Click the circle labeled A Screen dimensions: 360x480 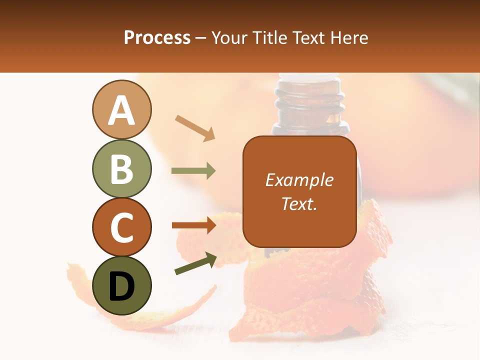point(121,109)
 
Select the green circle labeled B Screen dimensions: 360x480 point(121,168)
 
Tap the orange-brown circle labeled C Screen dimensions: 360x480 point(121,227)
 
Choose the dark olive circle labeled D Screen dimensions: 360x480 point(121,285)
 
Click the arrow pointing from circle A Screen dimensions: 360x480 point(195,128)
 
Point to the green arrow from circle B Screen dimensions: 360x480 point(193,171)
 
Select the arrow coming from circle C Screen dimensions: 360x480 point(194,225)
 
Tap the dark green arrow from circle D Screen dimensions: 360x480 point(195,263)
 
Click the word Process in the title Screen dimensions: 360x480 point(157,37)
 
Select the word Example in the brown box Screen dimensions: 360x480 point(299,180)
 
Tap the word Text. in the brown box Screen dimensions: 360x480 point(299,203)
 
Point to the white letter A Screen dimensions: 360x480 point(121,110)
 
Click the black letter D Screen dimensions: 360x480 point(121,286)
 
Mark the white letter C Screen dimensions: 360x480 point(121,227)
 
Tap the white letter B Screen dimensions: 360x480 point(121,169)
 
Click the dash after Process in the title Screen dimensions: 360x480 point(200,38)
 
